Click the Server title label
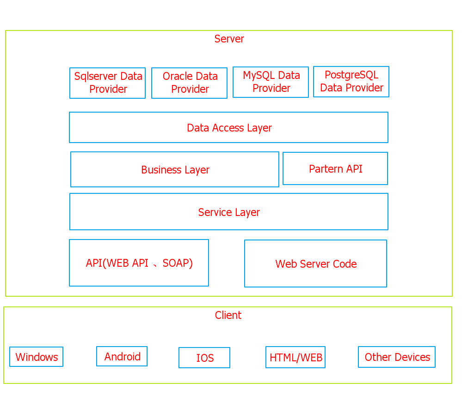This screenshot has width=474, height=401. pyautogui.click(x=229, y=39)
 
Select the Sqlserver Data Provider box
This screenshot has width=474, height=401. pyautogui.click(x=108, y=83)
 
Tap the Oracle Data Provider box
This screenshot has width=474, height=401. pyautogui.click(x=189, y=83)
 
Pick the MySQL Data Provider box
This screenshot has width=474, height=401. pyautogui.click(x=271, y=82)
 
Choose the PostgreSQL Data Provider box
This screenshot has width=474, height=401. pyautogui.click(x=351, y=82)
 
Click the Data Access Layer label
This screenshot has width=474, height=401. pyautogui.click(x=229, y=128)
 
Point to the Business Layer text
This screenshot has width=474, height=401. pyautogui.click(x=175, y=170)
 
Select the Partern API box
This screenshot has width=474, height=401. pyautogui.click(x=335, y=168)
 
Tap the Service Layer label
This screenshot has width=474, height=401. pyautogui.click(x=229, y=212)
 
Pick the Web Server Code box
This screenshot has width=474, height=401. pyautogui.click(x=315, y=263)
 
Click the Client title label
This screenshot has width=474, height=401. pyautogui.click(x=228, y=315)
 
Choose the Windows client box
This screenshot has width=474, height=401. pyautogui.click(x=36, y=357)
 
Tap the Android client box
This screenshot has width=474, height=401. pyautogui.click(x=122, y=356)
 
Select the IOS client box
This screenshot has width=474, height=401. pyautogui.click(x=204, y=358)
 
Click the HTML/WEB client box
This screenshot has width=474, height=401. pyautogui.click(x=295, y=357)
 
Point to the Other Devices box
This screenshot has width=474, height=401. pyautogui.click(x=397, y=357)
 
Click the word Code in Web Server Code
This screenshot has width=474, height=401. pyautogui.click(x=345, y=264)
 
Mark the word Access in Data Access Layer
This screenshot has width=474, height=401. pyautogui.click(x=228, y=128)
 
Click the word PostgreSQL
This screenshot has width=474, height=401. pyautogui.click(x=351, y=75)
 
